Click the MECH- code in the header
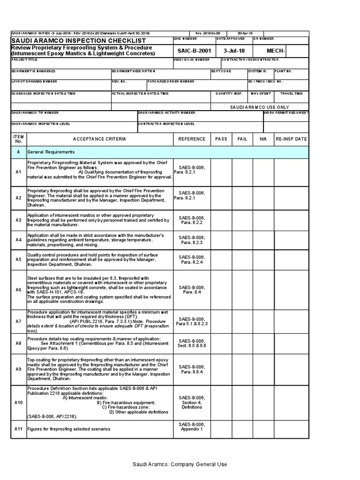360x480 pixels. [x=276, y=51]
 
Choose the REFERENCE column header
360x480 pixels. [x=192, y=139]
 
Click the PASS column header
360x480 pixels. [x=221, y=139]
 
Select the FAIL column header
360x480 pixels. [x=242, y=139]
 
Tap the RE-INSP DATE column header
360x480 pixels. [x=291, y=139]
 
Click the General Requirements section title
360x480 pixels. [x=51, y=152]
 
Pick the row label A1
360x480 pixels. [x=19, y=172]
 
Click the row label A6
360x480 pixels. [x=19, y=290]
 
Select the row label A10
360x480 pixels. [x=19, y=403]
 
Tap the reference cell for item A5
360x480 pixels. [x=192, y=260]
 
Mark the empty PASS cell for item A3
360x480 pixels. [x=221, y=220]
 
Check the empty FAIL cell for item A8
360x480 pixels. [x=242, y=343]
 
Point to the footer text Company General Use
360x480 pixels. [x=180, y=465]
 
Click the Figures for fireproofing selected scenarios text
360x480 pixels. [x=69, y=429]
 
